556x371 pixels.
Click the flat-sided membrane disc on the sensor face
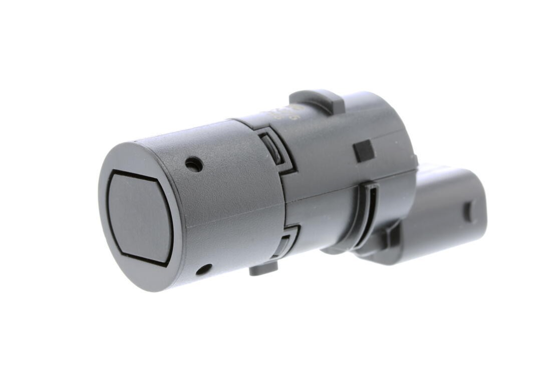(140, 217)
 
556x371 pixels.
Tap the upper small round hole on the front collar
(194, 164)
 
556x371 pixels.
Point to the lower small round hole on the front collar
(203, 270)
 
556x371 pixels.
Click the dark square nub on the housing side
(364, 151)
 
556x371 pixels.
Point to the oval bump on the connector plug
(470, 212)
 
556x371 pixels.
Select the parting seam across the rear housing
(351, 183)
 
